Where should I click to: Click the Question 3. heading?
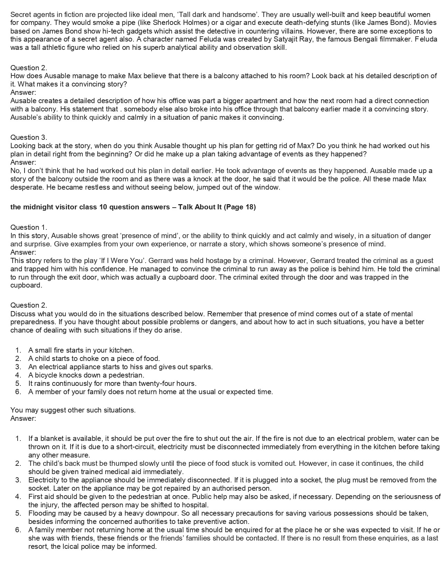coord(29,137)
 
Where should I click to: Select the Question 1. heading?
coord(29,227)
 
